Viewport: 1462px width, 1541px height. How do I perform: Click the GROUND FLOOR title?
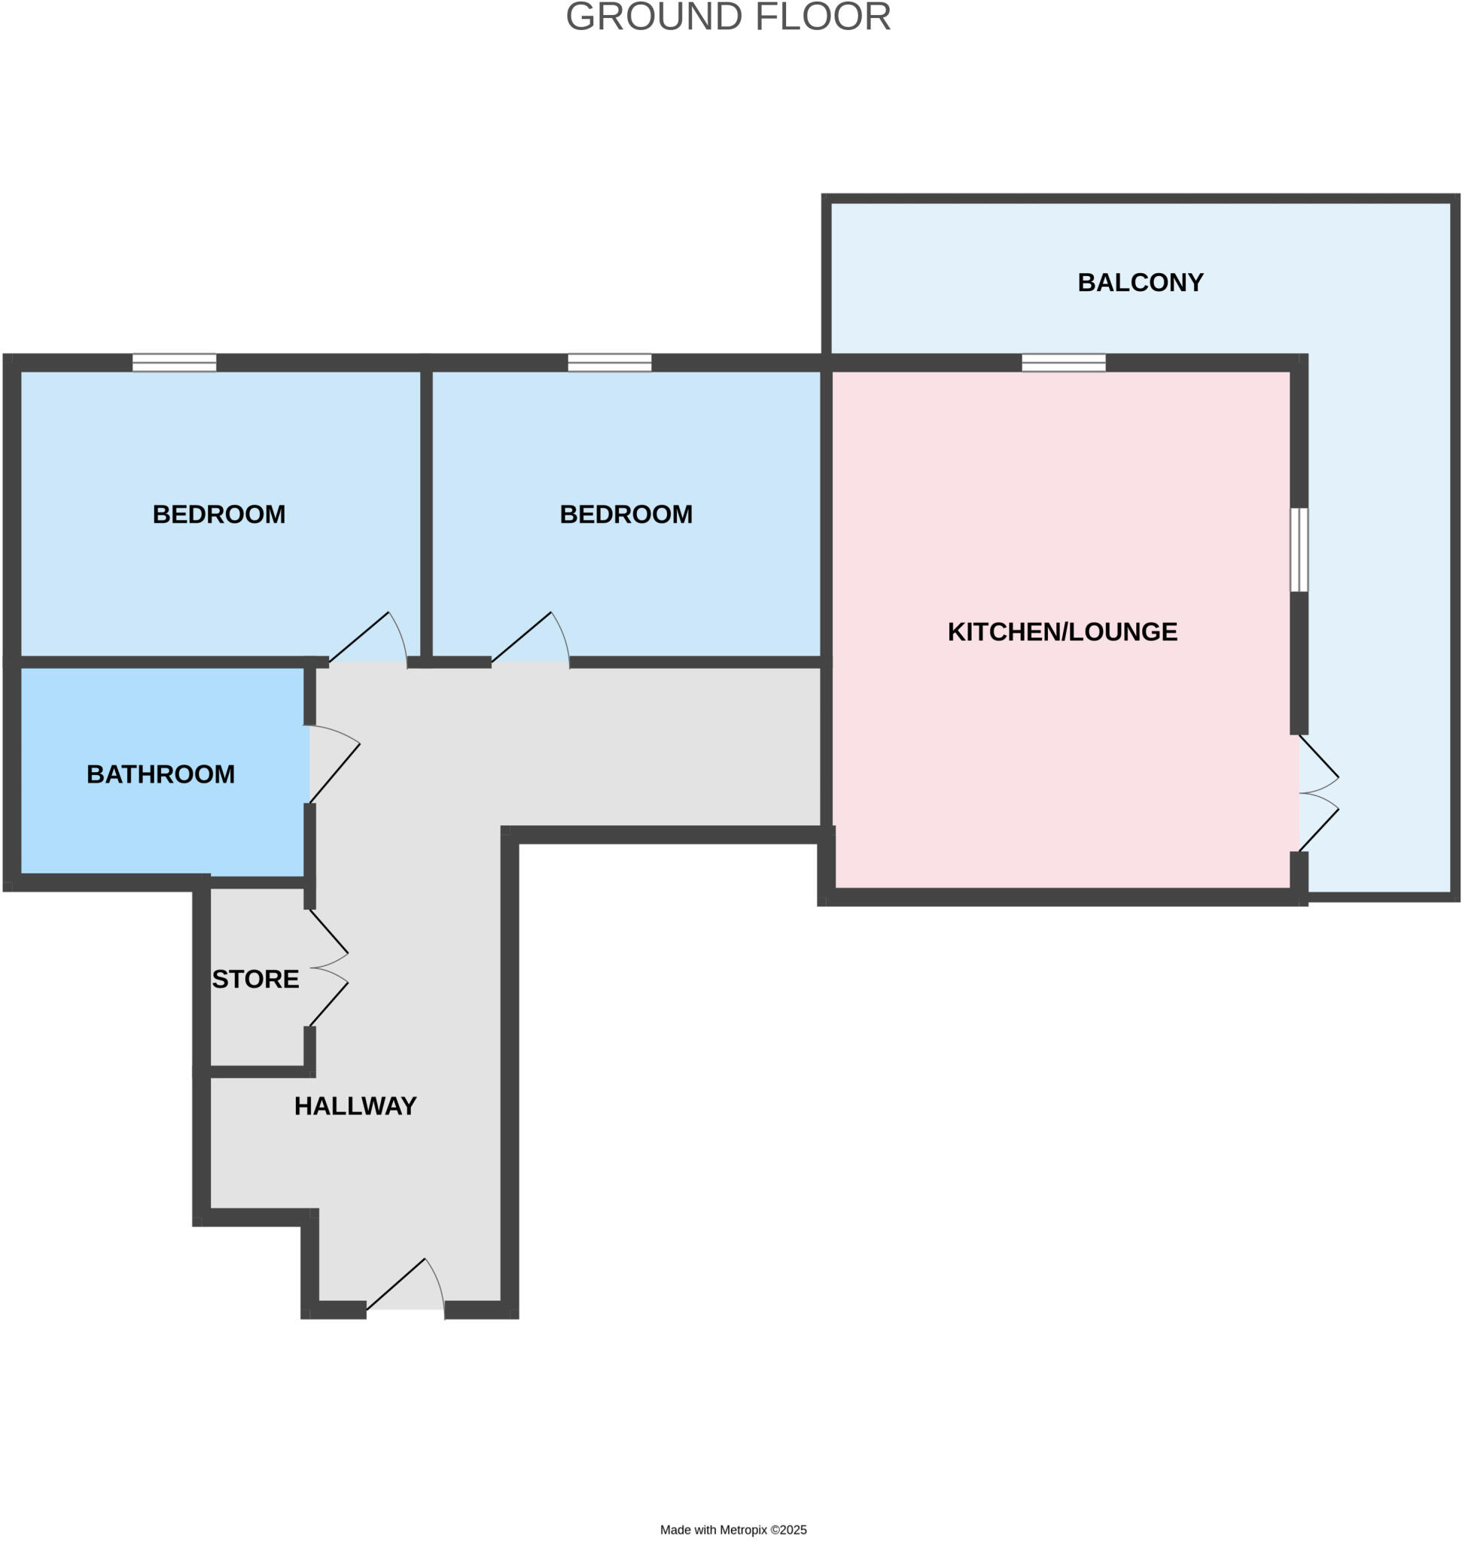(728, 17)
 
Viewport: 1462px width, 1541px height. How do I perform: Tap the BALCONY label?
(1140, 282)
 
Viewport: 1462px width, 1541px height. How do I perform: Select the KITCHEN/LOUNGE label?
(1062, 631)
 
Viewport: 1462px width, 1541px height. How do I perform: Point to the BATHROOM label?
(160, 774)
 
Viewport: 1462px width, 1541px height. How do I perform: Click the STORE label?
(256, 978)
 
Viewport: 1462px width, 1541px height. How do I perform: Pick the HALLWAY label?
(355, 1105)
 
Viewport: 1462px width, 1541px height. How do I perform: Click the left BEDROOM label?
(219, 514)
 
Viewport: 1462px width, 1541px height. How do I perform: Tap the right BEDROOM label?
(626, 514)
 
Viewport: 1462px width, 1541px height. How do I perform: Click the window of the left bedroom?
(174, 363)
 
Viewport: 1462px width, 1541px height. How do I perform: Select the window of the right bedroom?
(610, 363)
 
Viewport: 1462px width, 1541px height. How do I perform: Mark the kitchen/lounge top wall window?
(1064, 363)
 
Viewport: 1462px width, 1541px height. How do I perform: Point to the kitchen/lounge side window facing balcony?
(1299, 550)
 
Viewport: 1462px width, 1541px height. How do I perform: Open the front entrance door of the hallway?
(405, 1291)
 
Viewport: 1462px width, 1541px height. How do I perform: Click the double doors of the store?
(327, 968)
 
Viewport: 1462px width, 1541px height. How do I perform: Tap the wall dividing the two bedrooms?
(426, 514)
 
